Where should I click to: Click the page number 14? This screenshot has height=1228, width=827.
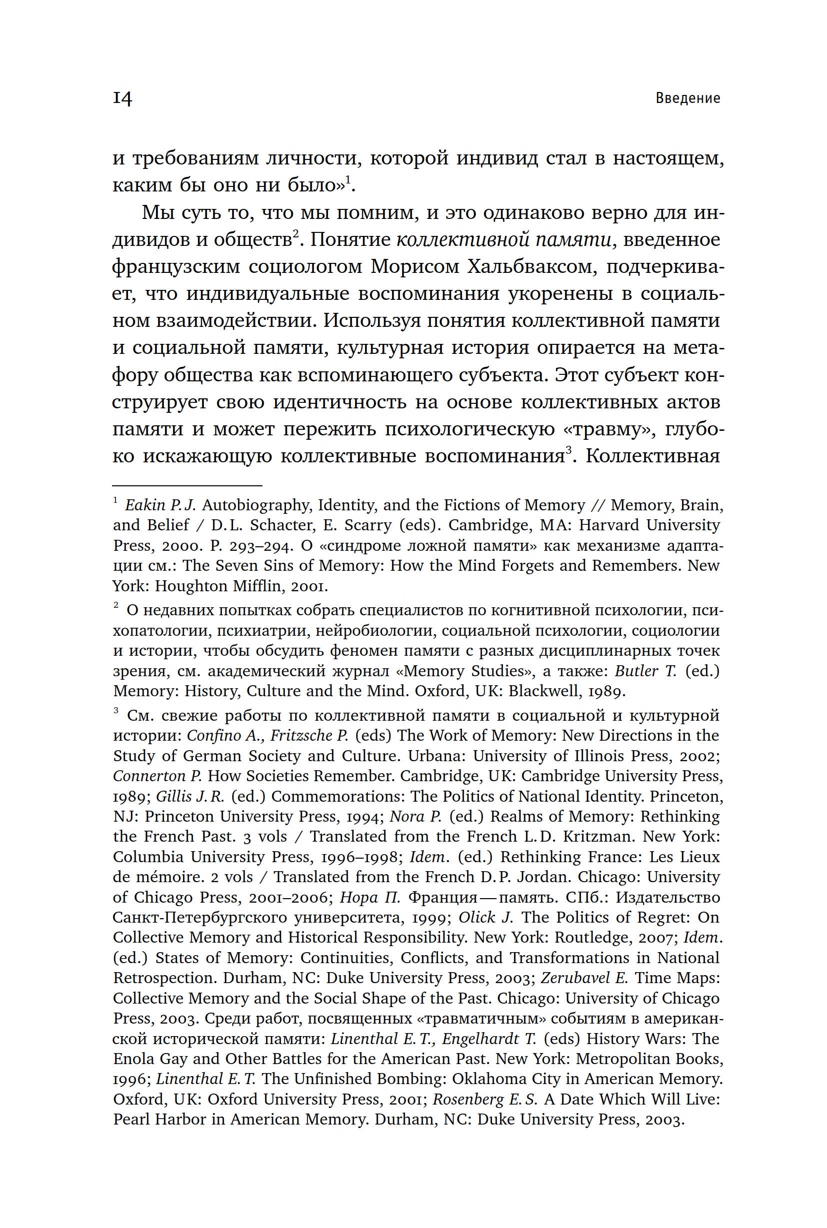122,98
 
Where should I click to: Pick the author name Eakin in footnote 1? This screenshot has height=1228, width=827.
145,505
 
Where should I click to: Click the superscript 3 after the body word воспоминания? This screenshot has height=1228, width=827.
568,450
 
